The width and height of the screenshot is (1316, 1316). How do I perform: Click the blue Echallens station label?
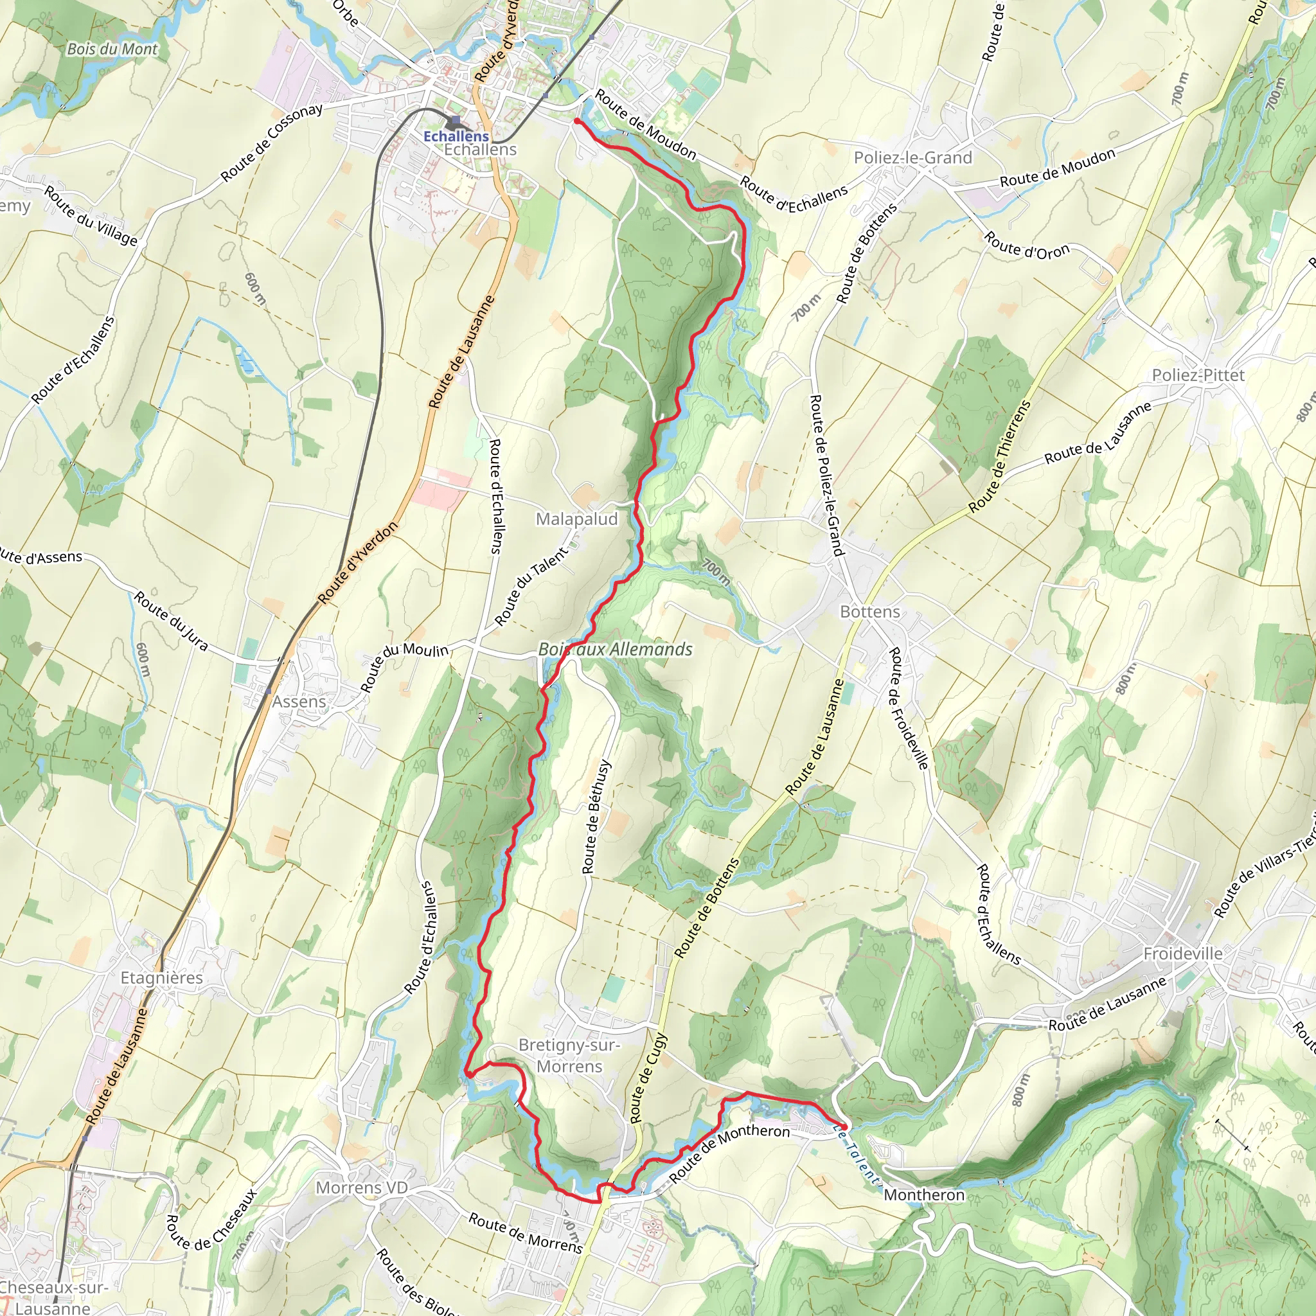(x=456, y=136)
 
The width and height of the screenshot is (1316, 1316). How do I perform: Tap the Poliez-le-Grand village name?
(x=912, y=157)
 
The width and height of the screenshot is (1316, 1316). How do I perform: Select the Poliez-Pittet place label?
(x=1198, y=375)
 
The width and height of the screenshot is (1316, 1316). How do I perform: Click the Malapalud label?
(x=576, y=519)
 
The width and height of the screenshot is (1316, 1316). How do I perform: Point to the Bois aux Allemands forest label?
(x=615, y=649)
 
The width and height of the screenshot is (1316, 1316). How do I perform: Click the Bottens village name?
(x=870, y=612)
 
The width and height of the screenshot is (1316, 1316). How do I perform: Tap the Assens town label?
(x=299, y=702)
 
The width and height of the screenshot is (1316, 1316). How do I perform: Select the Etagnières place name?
(x=161, y=978)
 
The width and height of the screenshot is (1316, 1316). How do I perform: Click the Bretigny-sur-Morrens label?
(x=569, y=1055)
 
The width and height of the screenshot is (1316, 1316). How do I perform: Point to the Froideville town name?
(x=1182, y=954)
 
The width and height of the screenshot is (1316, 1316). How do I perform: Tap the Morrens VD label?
(x=362, y=1188)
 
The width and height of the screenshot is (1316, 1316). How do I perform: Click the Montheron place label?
(x=923, y=1195)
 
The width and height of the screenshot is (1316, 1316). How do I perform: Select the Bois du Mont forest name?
(x=112, y=49)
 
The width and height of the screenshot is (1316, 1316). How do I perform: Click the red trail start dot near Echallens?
(x=577, y=121)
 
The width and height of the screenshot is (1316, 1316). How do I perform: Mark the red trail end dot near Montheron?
(x=844, y=1127)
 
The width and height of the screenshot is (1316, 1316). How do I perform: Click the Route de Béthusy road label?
(x=596, y=817)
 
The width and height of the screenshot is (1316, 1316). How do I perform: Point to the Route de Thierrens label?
(x=1000, y=456)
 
